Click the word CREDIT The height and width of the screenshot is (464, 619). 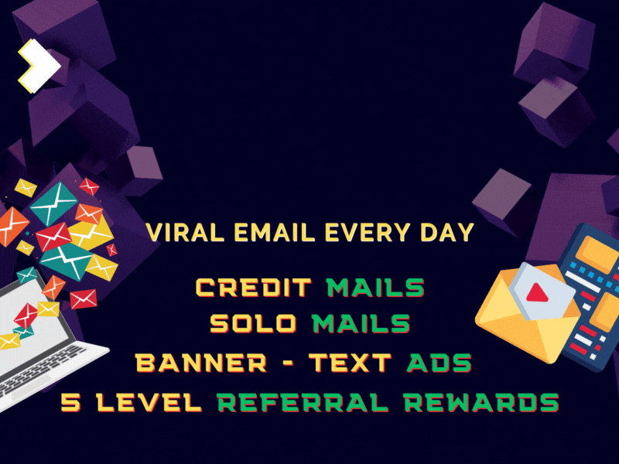pyautogui.click(x=254, y=287)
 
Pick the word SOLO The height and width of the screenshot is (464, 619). pyautogui.click(x=254, y=323)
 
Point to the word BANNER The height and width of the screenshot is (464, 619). pyautogui.click(x=201, y=363)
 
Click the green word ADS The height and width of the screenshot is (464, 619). pyautogui.click(x=439, y=363)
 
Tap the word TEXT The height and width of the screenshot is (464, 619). pyautogui.click(x=351, y=363)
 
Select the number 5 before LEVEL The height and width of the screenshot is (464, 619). pyautogui.click(x=71, y=402)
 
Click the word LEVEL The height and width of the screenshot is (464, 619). pyautogui.click(x=149, y=402)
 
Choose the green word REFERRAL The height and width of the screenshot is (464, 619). pyautogui.click(x=303, y=402)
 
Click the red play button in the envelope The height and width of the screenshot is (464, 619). pyautogui.click(x=537, y=293)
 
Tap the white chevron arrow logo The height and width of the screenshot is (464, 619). pyautogui.click(x=39, y=66)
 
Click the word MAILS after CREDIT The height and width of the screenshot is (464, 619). pyautogui.click(x=376, y=287)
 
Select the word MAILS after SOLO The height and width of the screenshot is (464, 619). pyautogui.click(x=361, y=323)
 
